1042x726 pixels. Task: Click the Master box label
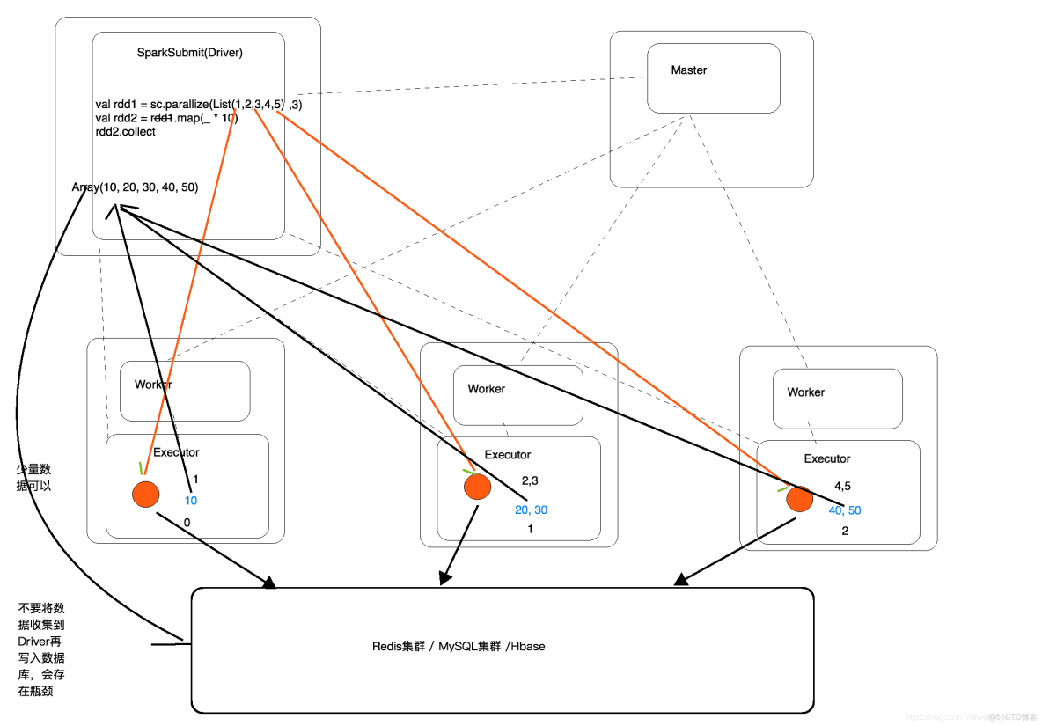[x=688, y=70]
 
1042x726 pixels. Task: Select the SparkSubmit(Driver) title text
[x=189, y=53]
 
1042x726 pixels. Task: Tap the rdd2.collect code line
[x=126, y=132]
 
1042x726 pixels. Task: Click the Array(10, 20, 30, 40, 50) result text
[x=136, y=187]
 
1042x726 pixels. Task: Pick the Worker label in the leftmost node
[x=153, y=385]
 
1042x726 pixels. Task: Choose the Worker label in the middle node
[x=487, y=389]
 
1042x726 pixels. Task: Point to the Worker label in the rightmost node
[x=806, y=392]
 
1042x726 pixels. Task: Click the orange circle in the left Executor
[x=145, y=494]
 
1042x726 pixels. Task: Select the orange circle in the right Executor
[x=799, y=498]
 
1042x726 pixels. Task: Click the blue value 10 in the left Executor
[x=191, y=500]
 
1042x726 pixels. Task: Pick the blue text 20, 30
[x=531, y=510]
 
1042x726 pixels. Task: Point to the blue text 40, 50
[x=844, y=510]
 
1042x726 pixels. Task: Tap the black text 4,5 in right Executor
[x=842, y=486]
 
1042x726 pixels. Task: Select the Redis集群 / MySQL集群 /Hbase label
[x=459, y=647]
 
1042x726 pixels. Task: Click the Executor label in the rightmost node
[x=827, y=458]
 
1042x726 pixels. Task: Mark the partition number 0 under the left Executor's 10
[x=187, y=523]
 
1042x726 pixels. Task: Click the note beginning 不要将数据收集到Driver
[x=41, y=649]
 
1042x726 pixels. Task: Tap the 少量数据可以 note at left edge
[x=33, y=477]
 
